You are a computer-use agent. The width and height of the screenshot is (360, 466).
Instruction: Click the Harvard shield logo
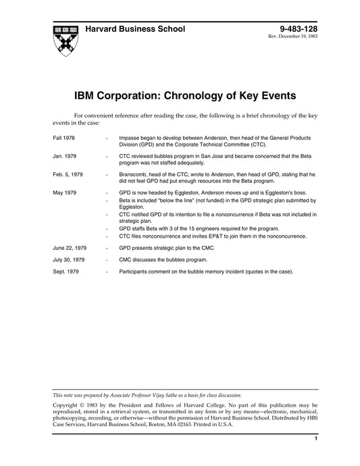(x=64, y=41)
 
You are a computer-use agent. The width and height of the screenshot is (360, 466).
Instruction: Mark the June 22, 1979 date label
(x=69, y=248)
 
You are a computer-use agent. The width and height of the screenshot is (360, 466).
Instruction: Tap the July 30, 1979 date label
(x=68, y=259)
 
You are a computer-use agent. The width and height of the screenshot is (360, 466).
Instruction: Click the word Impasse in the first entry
(x=129, y=137)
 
